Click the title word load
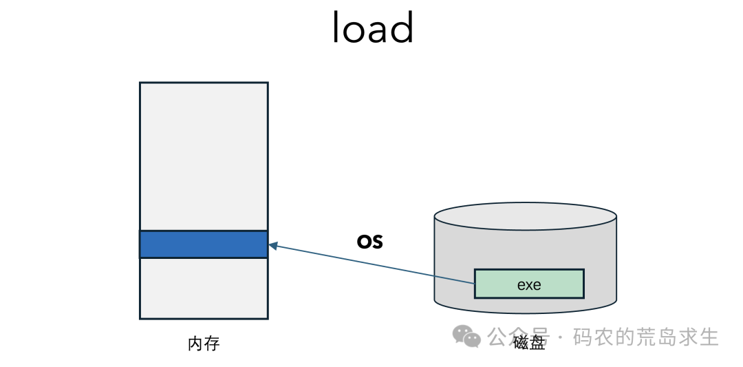373,27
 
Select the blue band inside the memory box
204,244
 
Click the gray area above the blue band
204,156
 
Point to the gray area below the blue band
204,289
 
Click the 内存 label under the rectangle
204,344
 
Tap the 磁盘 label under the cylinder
529,342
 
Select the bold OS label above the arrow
369,241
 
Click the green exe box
529,284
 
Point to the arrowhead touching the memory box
272,246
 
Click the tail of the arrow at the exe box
474,284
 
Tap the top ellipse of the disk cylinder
526,217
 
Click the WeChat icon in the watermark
466,336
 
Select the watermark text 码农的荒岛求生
646,337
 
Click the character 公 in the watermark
497,337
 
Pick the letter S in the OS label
376,241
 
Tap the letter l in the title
336,27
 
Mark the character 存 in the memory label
212,344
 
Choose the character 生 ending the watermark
709,337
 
